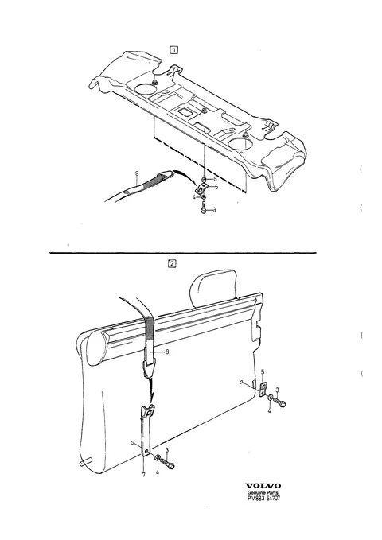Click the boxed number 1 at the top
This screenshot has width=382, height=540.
[x=174, y=50]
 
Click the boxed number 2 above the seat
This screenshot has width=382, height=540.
[x=172, y=264]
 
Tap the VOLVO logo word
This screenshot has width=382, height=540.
[x=263, y=486]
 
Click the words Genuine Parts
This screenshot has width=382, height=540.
[x=263, y=492]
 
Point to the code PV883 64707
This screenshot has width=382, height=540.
[x=263, y=498]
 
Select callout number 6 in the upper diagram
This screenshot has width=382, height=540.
[x=215, y=179]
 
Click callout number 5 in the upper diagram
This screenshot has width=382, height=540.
[x=216, y=187]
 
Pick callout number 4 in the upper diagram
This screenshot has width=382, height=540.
[x=194, y=197]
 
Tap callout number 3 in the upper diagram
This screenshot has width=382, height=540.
[x=214, y=210]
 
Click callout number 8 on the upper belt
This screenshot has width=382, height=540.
[x=137, y=173]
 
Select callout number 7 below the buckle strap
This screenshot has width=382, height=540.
[x=144, y=475]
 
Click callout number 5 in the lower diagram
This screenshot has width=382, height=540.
[x=263, y=372]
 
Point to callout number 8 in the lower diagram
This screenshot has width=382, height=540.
[x=167, y=352]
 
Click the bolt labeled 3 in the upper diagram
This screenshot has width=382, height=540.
[x=204, y=208]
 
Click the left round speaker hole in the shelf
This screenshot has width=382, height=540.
[x=147, y=89]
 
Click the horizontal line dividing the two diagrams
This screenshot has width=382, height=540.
[x=183, y=253]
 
